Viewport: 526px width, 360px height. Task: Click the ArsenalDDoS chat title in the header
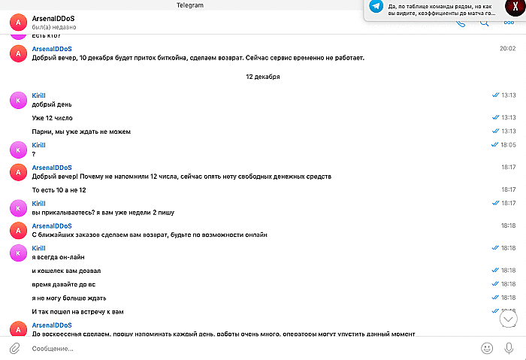pos(53,17)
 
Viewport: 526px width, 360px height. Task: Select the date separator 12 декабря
pos(262,77)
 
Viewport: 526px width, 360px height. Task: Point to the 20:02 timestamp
pos(508,48)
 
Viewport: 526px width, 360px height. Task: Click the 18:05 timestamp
pos(508,144)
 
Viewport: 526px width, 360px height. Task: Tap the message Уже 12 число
pos(53,118)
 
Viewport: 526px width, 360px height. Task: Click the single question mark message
pos(34,154)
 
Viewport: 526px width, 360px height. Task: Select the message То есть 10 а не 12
pos(65,190)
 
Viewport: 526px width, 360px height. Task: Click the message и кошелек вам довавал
pos(66,271)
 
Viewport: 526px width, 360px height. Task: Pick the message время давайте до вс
pos(64,284)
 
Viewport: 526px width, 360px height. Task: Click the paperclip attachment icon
pos(14,348)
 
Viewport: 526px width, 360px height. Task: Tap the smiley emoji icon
pos(487,348)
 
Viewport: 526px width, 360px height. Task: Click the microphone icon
pos(509,348)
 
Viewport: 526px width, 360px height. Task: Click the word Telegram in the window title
pos(189,5)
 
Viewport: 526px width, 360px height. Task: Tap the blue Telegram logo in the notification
pos(376,8)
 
